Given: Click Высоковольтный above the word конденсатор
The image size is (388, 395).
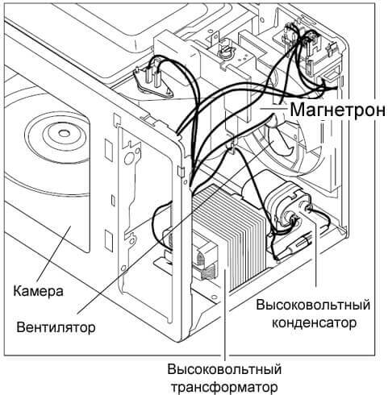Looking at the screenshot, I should [x=313, y=306].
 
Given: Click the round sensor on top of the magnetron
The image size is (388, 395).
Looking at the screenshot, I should [x=228, y=54].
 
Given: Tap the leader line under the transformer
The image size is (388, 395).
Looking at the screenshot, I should [x=227, y=339].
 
